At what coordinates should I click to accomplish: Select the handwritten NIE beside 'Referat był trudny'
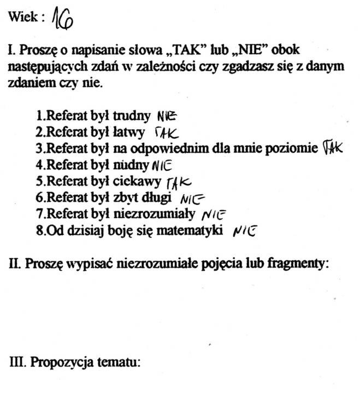pyautogui.click(x=167, y=116)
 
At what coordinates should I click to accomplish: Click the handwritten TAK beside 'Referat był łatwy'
pyautogui.click(x=167, y=133)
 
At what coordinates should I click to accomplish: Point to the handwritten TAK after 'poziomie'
pyautogui.click(x=332, y=147)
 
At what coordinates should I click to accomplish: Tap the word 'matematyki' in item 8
pyautogui.click(x=198, y=230)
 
